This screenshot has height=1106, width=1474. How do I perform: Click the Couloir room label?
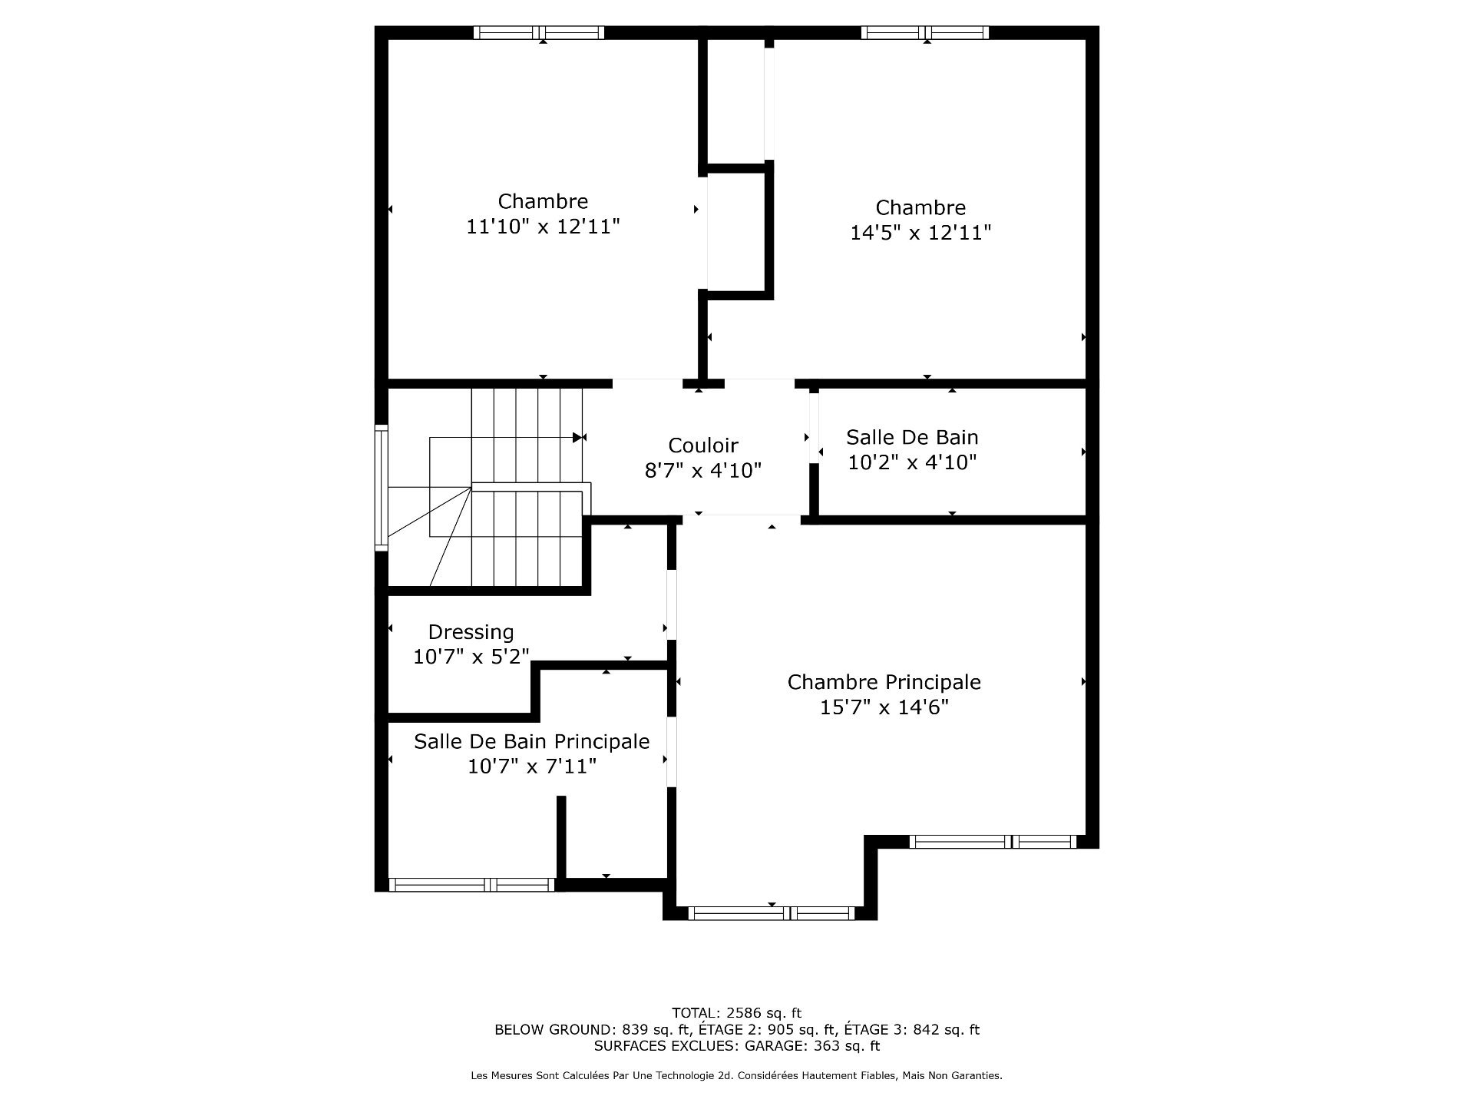[x=702, y=445]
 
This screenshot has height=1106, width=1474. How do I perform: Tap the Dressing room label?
[x=471, y=632]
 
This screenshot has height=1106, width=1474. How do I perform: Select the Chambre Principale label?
[x=884, y=682]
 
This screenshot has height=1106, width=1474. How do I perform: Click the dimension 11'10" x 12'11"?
[x=543, y=227]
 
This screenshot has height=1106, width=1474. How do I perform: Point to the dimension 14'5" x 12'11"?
[x=920, y=233]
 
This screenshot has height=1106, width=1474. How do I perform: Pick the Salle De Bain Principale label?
[x=531, y=741]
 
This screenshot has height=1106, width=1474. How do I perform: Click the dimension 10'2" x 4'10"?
[x=912, y=462]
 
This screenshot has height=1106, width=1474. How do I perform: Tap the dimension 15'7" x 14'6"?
[x=884, y=707]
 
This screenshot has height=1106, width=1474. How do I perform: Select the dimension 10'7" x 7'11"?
[x=531, y=767]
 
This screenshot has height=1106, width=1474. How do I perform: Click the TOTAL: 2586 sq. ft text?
[x=736, y=1013]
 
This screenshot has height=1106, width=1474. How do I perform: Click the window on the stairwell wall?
[x=381, y=488]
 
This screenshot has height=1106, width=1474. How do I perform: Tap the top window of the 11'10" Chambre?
[x=539, y=32]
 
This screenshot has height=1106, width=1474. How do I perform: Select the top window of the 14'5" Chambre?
[x=924, y=32]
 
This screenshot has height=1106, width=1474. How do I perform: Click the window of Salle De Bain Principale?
[x=472, y=885]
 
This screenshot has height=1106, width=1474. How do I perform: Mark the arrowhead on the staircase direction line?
[x=578, y=437]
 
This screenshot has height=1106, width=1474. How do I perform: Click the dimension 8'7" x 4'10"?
[x=702, y=470]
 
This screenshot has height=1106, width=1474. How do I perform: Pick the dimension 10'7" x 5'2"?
[x=471, y=657]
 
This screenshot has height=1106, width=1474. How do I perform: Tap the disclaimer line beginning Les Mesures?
[x=736, y=1076]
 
